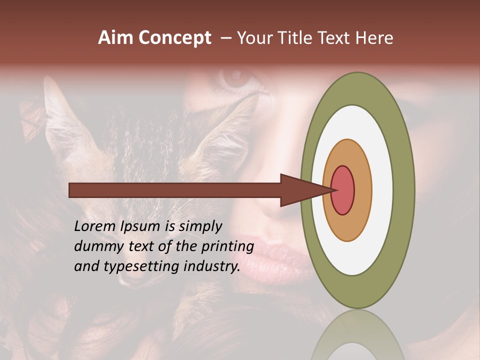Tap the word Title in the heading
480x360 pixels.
pos(298,38)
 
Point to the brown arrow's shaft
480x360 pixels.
pos(175,190)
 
